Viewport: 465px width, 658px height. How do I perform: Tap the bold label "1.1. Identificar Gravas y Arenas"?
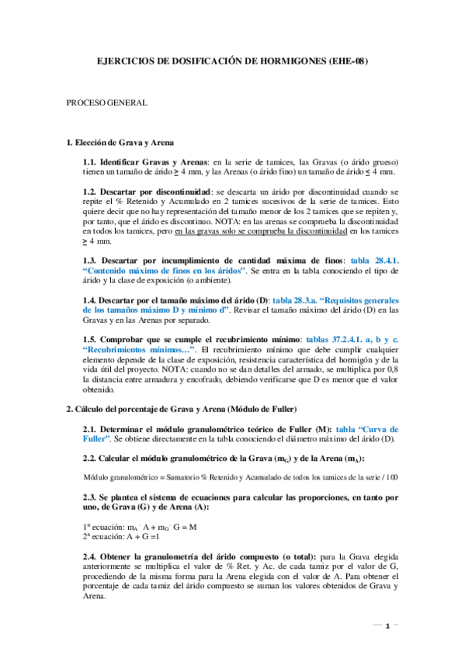(x=140, y=161)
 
